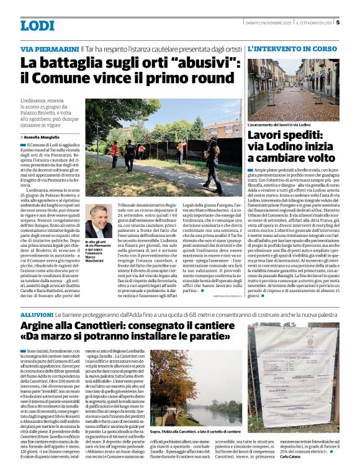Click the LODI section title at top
click(37, 25)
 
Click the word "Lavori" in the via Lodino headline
click(266, 135)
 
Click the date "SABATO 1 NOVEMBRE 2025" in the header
click(268, 24)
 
